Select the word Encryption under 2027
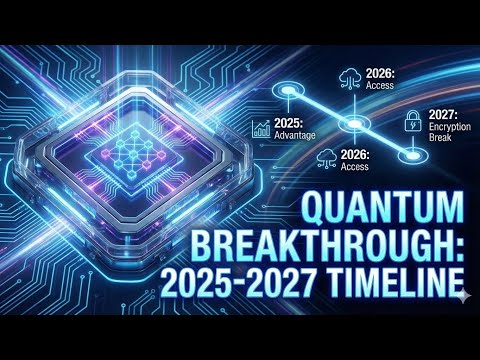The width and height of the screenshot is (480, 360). [446, 128]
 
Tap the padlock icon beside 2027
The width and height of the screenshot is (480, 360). [411, 123]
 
